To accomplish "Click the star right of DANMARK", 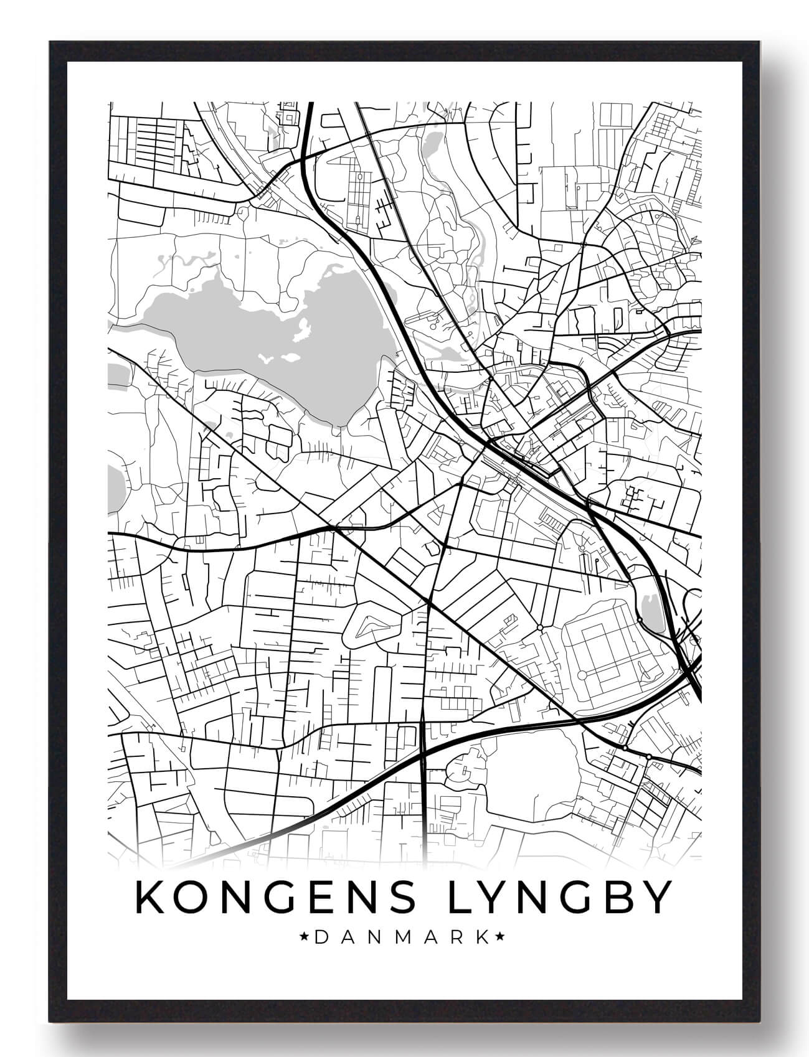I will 500,937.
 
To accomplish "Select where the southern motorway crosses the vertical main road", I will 423,753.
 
